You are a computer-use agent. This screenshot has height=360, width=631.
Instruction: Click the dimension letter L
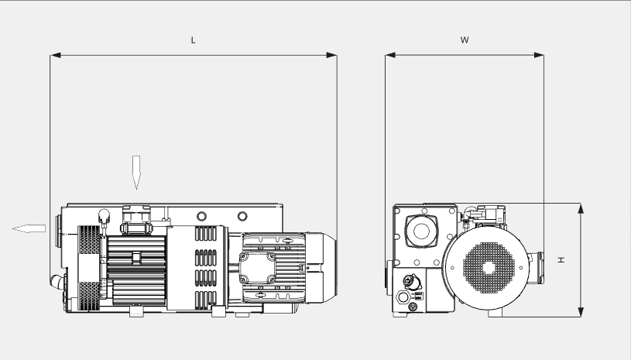194,39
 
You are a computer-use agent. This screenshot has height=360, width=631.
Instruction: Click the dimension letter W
465,39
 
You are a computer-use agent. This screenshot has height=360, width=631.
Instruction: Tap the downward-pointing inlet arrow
135,172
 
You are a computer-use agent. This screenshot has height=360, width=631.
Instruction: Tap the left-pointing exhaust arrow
29,228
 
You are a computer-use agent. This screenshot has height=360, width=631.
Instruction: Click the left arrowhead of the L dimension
55,55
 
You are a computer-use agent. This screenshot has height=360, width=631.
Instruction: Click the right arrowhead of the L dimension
332,55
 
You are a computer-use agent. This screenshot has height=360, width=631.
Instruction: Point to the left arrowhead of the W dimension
390,55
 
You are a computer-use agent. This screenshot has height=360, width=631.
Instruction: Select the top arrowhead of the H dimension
581,208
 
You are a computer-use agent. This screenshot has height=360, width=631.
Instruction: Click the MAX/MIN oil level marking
419,297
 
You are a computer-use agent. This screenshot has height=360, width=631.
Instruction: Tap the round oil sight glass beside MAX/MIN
403,297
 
